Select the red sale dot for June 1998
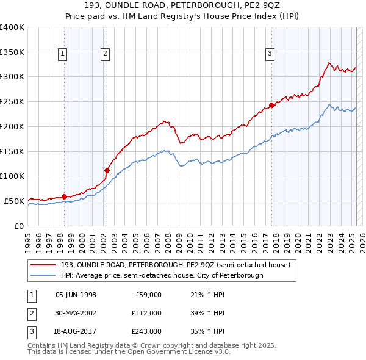(64, 196)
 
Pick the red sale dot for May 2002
(107, 170)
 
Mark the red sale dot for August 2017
(271, 105)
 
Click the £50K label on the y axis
(14, 201)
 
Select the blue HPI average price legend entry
(162, 276)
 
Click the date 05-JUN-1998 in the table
(76, 295)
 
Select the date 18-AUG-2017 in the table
(76, 331)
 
